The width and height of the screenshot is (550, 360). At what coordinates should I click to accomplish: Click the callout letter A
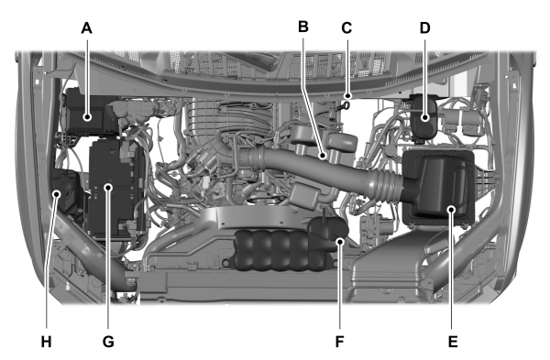(87, 27)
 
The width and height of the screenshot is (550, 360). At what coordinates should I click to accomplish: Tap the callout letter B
(303, 27)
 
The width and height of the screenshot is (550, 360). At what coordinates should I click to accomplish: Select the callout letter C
(346, 27)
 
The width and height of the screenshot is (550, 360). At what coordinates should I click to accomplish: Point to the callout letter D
(425, 27)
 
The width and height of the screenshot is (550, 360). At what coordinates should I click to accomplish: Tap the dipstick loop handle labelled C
(347, 104)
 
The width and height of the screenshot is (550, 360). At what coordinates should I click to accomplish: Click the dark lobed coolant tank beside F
(275, 249)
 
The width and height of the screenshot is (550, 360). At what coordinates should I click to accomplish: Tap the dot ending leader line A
(87, 115)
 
